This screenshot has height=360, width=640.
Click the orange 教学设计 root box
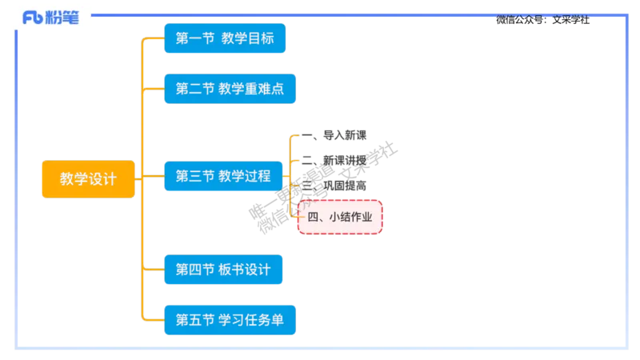tap(88, 180)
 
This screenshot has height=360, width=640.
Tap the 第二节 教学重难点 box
tap(229, 89)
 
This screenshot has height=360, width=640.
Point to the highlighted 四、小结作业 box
tap(340, 217)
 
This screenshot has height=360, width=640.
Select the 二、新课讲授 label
tap(336, 160)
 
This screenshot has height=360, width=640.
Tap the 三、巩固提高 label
tap(336, 185)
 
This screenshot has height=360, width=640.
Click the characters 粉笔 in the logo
tap(64, 18)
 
